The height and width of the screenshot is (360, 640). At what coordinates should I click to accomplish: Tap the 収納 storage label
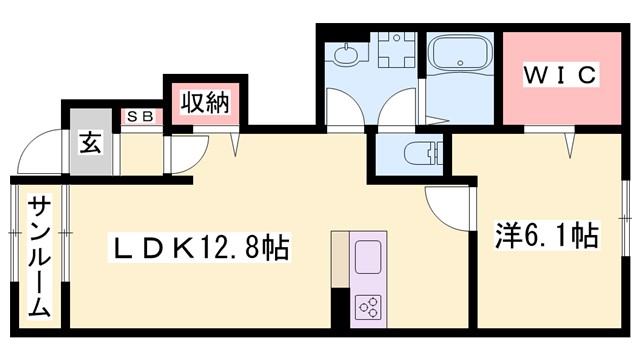coord(204,101)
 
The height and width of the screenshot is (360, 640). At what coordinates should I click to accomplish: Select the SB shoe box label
coord(139,117)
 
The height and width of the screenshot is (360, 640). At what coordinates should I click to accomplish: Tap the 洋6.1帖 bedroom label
coord(546,237)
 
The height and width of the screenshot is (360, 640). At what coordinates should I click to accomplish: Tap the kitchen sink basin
coord(367,256)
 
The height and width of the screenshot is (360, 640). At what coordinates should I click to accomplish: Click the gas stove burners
coord(366,306)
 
